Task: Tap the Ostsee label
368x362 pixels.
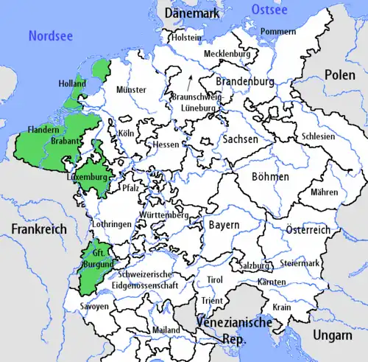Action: (x=267, y=9)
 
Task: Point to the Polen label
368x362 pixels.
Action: (x=341, y=77)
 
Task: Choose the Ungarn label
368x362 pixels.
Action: (x=331, y=335)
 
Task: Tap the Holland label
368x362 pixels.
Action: (x=72, y=84)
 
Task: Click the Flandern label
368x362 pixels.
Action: (x=43, y=130)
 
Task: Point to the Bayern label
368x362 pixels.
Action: (x=223, y=223)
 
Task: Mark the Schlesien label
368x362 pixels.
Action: (x=317, y=136)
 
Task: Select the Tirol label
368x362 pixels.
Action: (x=214, y=280)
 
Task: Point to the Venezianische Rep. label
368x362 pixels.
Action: (x=236, y=330)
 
